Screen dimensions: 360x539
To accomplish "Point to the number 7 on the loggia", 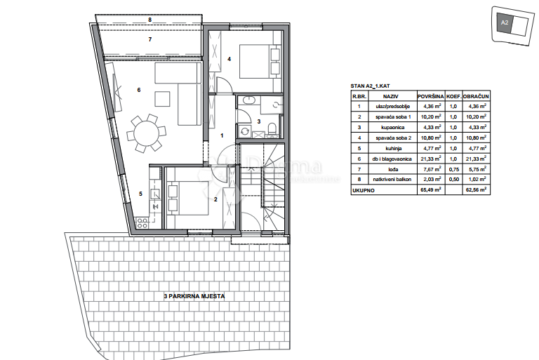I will (149, 40).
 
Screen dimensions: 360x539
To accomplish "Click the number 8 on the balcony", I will (149, 20).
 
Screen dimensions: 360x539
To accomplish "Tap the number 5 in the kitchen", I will (140, 194).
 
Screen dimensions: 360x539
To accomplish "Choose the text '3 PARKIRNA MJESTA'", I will (194, 297).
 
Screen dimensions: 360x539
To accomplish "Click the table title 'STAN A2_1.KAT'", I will (370, 86).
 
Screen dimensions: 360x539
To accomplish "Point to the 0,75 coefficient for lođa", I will (453, 169).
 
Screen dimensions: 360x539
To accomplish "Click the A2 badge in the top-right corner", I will (505, 23).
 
